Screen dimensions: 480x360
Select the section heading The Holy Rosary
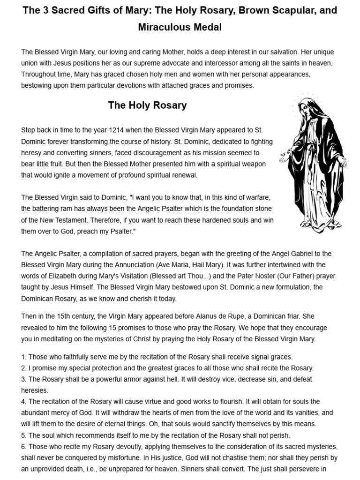point(147,105)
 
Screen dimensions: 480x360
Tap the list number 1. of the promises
point(24,357)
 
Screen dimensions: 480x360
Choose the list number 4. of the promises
point(24,402)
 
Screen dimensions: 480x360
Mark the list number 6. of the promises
point(24,447)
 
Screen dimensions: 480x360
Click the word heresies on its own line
point(34,390)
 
